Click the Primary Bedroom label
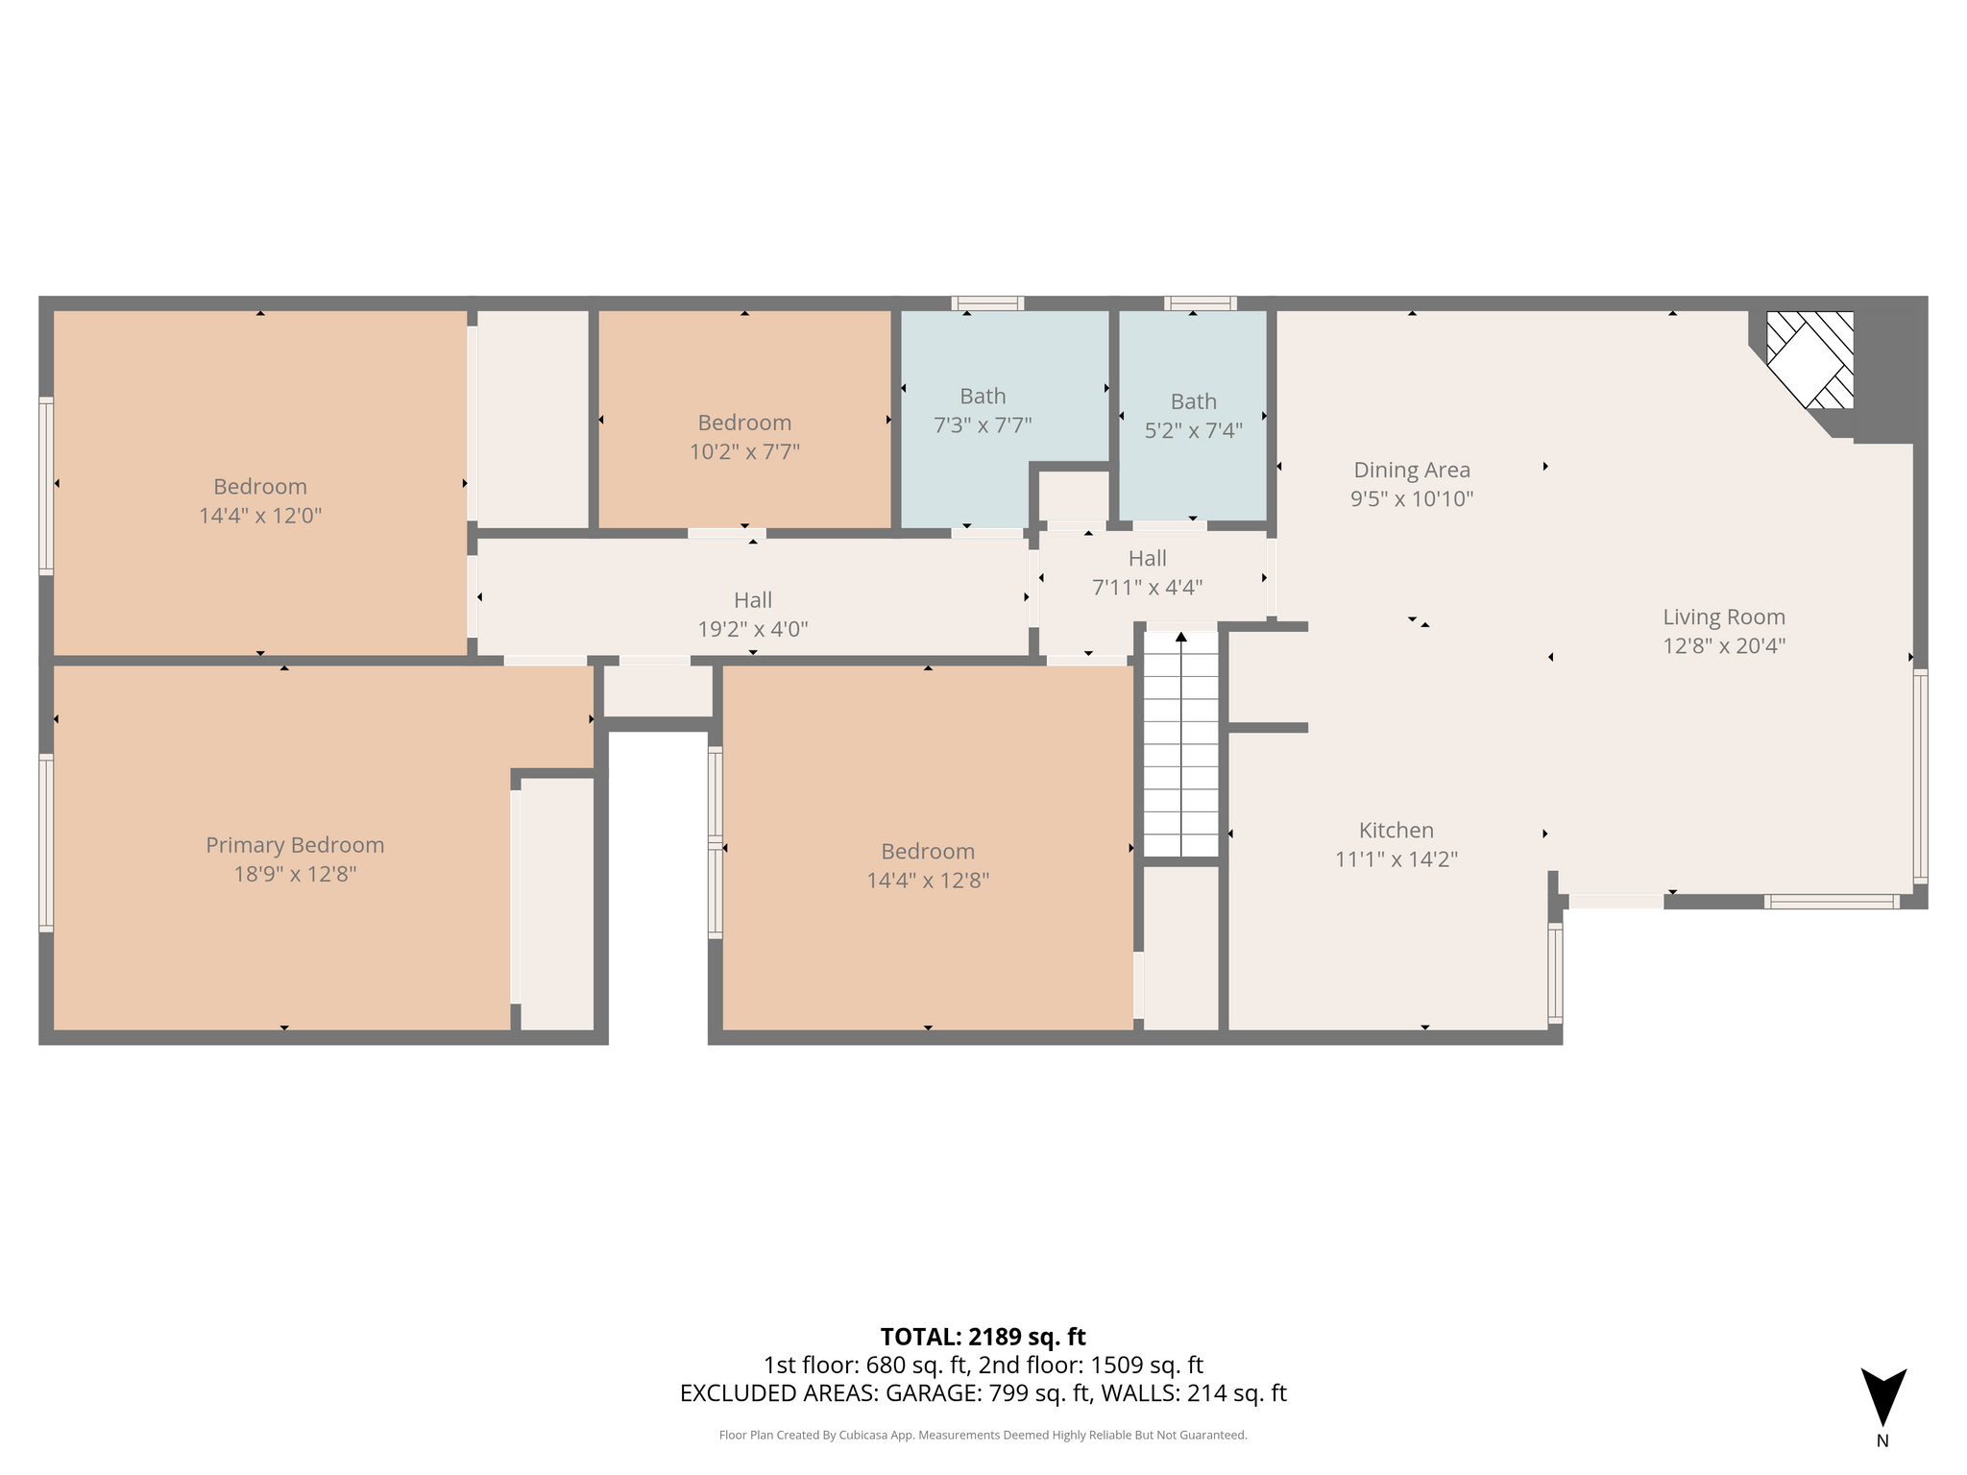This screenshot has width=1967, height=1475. pos(295,845)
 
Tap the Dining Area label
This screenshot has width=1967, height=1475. pos(1412,470)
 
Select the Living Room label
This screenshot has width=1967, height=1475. pos(1724,617)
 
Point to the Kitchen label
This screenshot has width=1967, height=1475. pos(1396,830)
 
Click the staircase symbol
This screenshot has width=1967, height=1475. pos(1181,743)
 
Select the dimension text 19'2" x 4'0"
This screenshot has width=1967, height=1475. pos(753,630)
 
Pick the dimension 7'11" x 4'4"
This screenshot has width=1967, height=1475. pos(1148,588)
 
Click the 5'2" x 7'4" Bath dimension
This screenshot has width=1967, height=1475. pos(1194,431)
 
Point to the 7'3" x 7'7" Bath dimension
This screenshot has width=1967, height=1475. pos(983,425)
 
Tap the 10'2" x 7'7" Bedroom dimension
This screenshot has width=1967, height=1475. pos(744,451)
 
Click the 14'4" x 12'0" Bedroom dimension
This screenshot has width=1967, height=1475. pos(260,516)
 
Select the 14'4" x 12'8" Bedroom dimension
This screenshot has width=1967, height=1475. pos(928,881)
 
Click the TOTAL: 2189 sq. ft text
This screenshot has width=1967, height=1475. pos(983,1337)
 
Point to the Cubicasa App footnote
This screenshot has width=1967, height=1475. pos(983,1436)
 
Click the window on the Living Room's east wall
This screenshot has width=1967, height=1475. pos(1920,776)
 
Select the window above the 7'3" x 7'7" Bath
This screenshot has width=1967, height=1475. pos(987,303)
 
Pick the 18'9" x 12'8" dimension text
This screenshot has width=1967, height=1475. pos(295,875)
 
